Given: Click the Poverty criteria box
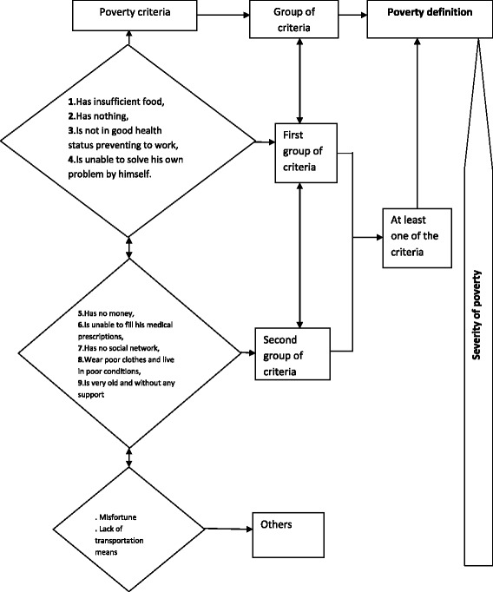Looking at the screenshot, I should coord(129,14).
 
